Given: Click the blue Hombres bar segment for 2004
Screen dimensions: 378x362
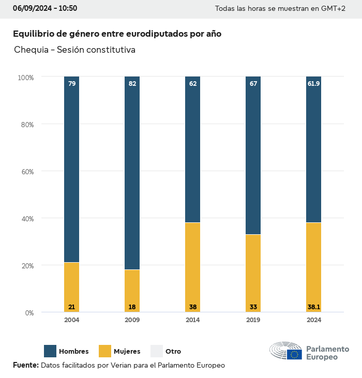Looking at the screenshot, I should click(72, 171).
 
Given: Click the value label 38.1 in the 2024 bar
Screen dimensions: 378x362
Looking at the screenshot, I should click(314, 307).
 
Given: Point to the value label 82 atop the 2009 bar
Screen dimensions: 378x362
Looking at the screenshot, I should click(132, 83).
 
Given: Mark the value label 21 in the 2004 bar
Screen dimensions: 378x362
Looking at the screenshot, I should click(72, 307).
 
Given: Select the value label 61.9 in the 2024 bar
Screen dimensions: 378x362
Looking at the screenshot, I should click(314, 83).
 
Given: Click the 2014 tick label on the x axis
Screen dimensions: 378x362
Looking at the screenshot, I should click(193, 320).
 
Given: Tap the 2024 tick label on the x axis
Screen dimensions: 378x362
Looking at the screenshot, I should click(314, 320).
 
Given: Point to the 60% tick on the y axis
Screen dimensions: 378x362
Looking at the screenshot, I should click(26, 172).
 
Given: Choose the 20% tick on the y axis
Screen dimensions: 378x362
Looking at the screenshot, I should click(26, 266).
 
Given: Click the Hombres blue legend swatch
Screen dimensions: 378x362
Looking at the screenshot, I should click(50, 351).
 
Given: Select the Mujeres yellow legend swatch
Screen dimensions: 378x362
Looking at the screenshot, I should click(105, 351).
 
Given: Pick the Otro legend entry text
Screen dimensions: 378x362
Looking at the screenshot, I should click(173, 352).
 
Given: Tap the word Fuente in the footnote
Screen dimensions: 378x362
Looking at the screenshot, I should click(25, 365).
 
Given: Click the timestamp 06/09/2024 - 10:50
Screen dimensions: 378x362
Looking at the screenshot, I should click(45, 8).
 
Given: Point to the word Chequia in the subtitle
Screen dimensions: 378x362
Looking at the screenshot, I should click(32, 50).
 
